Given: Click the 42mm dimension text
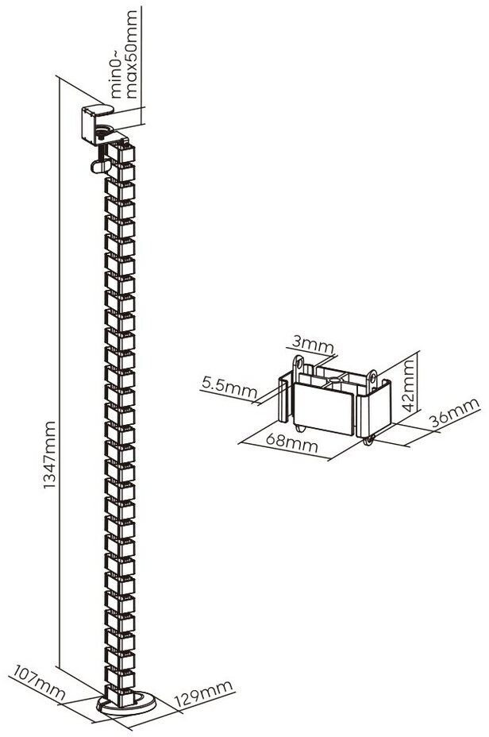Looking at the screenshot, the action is click(x=407, y=384).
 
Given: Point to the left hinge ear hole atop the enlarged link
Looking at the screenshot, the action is click(x=298, y=364).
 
